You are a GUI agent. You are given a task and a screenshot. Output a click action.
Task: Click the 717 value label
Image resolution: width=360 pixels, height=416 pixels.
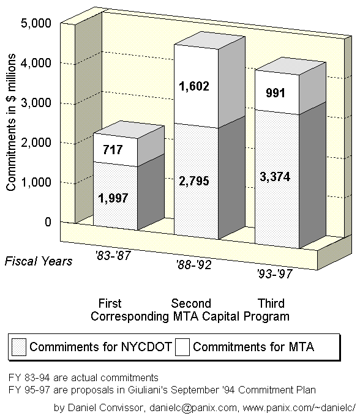coord(113,150)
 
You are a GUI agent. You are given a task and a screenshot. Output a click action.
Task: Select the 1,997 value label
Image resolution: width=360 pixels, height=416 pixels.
coord(113,198)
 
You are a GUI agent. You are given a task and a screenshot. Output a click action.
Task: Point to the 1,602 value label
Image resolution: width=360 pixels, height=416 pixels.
coord(194,86)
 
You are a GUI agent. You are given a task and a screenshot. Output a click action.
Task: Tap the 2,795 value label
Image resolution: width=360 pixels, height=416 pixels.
coord(194,181)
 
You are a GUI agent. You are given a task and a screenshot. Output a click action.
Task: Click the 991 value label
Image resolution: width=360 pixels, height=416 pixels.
coord(276,93)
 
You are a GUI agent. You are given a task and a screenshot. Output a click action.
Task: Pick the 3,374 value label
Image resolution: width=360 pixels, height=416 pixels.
coord(275,177)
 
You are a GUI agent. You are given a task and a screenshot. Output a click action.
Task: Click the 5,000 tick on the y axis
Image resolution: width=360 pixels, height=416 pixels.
coord(36,23)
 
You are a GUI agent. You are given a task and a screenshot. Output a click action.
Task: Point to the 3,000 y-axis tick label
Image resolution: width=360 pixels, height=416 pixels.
coord(36,103)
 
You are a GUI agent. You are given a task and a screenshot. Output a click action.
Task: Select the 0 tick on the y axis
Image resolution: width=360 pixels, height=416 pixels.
coord(48,221)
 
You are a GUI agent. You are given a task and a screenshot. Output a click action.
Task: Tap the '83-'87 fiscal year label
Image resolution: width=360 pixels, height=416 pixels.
coord(113,255)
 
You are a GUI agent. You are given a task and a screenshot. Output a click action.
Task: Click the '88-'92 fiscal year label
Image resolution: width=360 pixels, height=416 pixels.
coord(194,264)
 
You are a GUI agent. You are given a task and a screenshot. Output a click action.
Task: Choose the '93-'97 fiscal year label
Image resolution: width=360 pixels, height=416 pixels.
coord(275,273)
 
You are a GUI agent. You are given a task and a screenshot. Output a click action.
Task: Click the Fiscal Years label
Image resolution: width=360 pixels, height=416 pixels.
coord(39,261)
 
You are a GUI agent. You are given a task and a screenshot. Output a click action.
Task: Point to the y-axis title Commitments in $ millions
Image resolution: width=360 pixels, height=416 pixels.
coord(10,122)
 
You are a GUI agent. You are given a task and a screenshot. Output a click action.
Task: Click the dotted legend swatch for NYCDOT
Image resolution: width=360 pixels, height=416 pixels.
coord(19,347)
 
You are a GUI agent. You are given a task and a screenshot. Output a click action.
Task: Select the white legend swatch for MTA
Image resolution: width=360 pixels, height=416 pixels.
coord(182,347)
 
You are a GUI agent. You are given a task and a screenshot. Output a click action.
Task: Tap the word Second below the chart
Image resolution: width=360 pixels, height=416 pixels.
coord(191,303)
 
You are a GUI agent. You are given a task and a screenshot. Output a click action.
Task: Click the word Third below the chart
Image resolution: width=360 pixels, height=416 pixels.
coord(271,303)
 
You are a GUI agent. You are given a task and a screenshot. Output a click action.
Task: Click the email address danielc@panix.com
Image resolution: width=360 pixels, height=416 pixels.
coord(193,407)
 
